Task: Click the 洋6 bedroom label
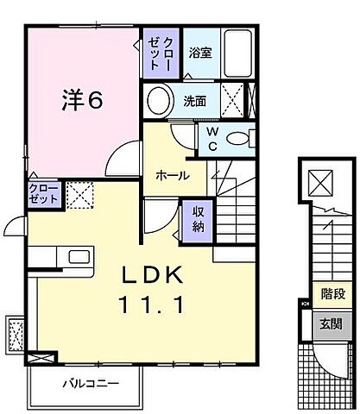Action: tap(84, 100)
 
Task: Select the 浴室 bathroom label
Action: tap(200, 52)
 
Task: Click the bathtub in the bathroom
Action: tap(237, 49)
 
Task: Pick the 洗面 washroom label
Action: tap(194, 101)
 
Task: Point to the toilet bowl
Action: tap(241, 137)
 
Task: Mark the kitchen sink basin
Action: tap(73, 259)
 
